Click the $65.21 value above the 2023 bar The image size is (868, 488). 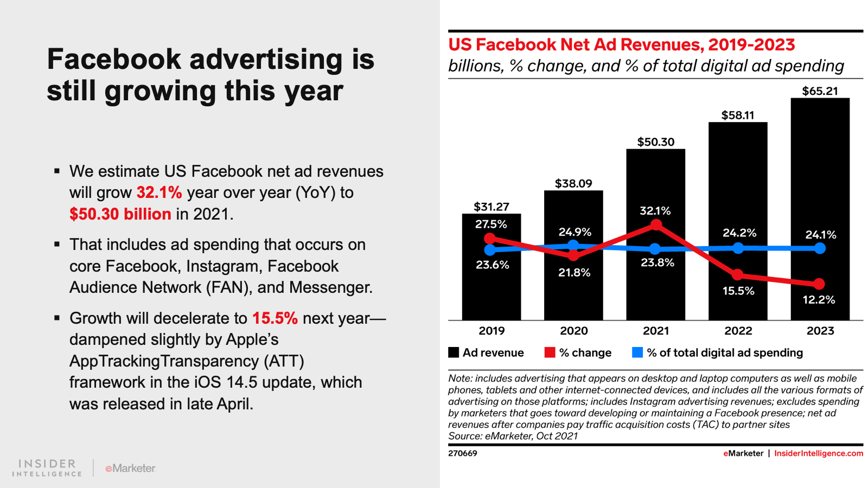(x=820, y=91)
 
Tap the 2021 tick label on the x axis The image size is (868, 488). (x=655, y=331)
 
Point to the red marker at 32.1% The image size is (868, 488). (x=656, y=225)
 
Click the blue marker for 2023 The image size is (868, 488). (x=820, y=248)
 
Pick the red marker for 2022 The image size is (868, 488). (x=737, y=275)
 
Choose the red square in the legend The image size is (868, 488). (x=550, y=352)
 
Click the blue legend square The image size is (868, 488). (x=637, y=352)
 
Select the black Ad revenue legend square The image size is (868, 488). (x=454, y=352)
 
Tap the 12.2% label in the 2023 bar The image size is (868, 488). (x=819, y=300)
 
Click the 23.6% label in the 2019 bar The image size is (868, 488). (x=493, y=265)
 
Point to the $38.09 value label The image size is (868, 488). (x=573, y=184)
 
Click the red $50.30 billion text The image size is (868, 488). (x=120, y=214)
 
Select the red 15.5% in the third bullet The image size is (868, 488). (x=275, y=318)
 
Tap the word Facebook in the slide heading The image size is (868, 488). (x=114, y=59)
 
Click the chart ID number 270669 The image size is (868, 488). (x=462, y=453)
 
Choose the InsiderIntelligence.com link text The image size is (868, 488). (x=818, y=453)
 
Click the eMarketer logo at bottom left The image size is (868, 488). (x=130, y=468)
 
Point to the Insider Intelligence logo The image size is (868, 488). (x=47, y=468)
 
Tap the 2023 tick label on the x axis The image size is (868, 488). (x=820, y=331)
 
